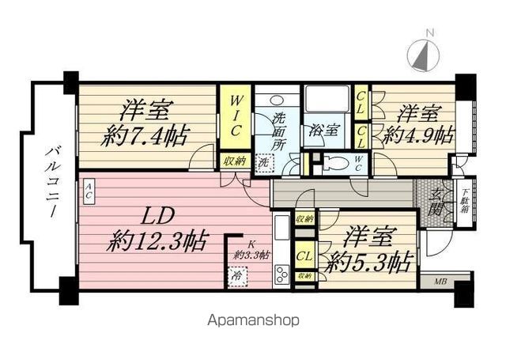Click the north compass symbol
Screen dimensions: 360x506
coord(424,53)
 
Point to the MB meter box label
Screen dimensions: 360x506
coord(439,281)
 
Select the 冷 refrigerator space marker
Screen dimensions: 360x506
coord(236,277)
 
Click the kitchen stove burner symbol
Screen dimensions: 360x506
coord(282,275)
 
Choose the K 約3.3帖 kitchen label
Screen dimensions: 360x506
coord(251,251)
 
